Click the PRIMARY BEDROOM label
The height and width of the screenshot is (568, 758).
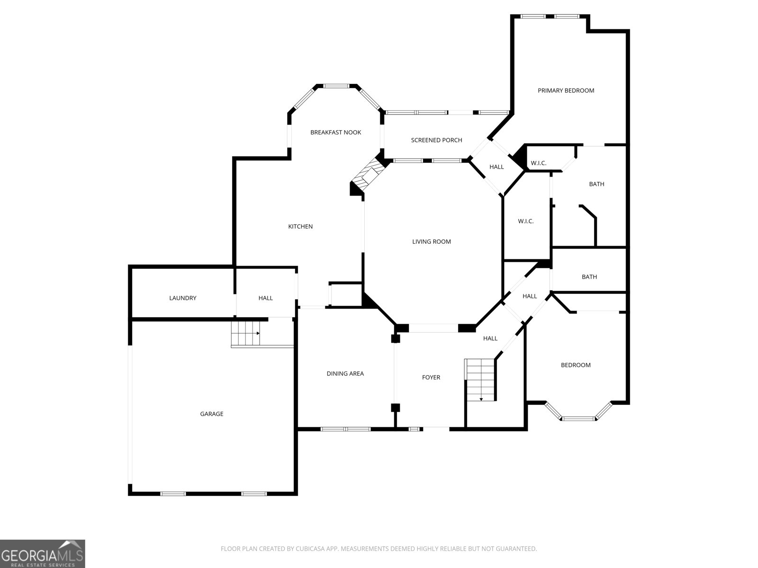pos(566,90)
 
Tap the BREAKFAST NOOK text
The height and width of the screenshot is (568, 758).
pos(335,133)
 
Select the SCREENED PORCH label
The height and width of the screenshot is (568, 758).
pos(436,140)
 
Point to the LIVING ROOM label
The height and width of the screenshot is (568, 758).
pos(431,241)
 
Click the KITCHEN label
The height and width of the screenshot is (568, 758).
pos(300,226)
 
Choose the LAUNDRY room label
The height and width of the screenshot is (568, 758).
pos(182,298)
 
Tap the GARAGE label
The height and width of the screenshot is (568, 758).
pos(211,414)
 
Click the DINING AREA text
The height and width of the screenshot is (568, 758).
pos(345,373)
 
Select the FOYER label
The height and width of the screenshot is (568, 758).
pos(431,377)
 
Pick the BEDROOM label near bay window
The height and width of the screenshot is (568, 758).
pos(576,365)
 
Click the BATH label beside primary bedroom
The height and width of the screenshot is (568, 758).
pos(596,184)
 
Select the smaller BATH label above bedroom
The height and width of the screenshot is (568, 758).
pos(589,277)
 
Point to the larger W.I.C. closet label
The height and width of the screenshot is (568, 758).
pos(525,221)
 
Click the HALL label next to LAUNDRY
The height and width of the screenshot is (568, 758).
pos(265,298)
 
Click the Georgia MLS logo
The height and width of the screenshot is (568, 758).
pos(43,554)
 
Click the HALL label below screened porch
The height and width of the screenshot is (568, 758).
pos(496,167)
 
